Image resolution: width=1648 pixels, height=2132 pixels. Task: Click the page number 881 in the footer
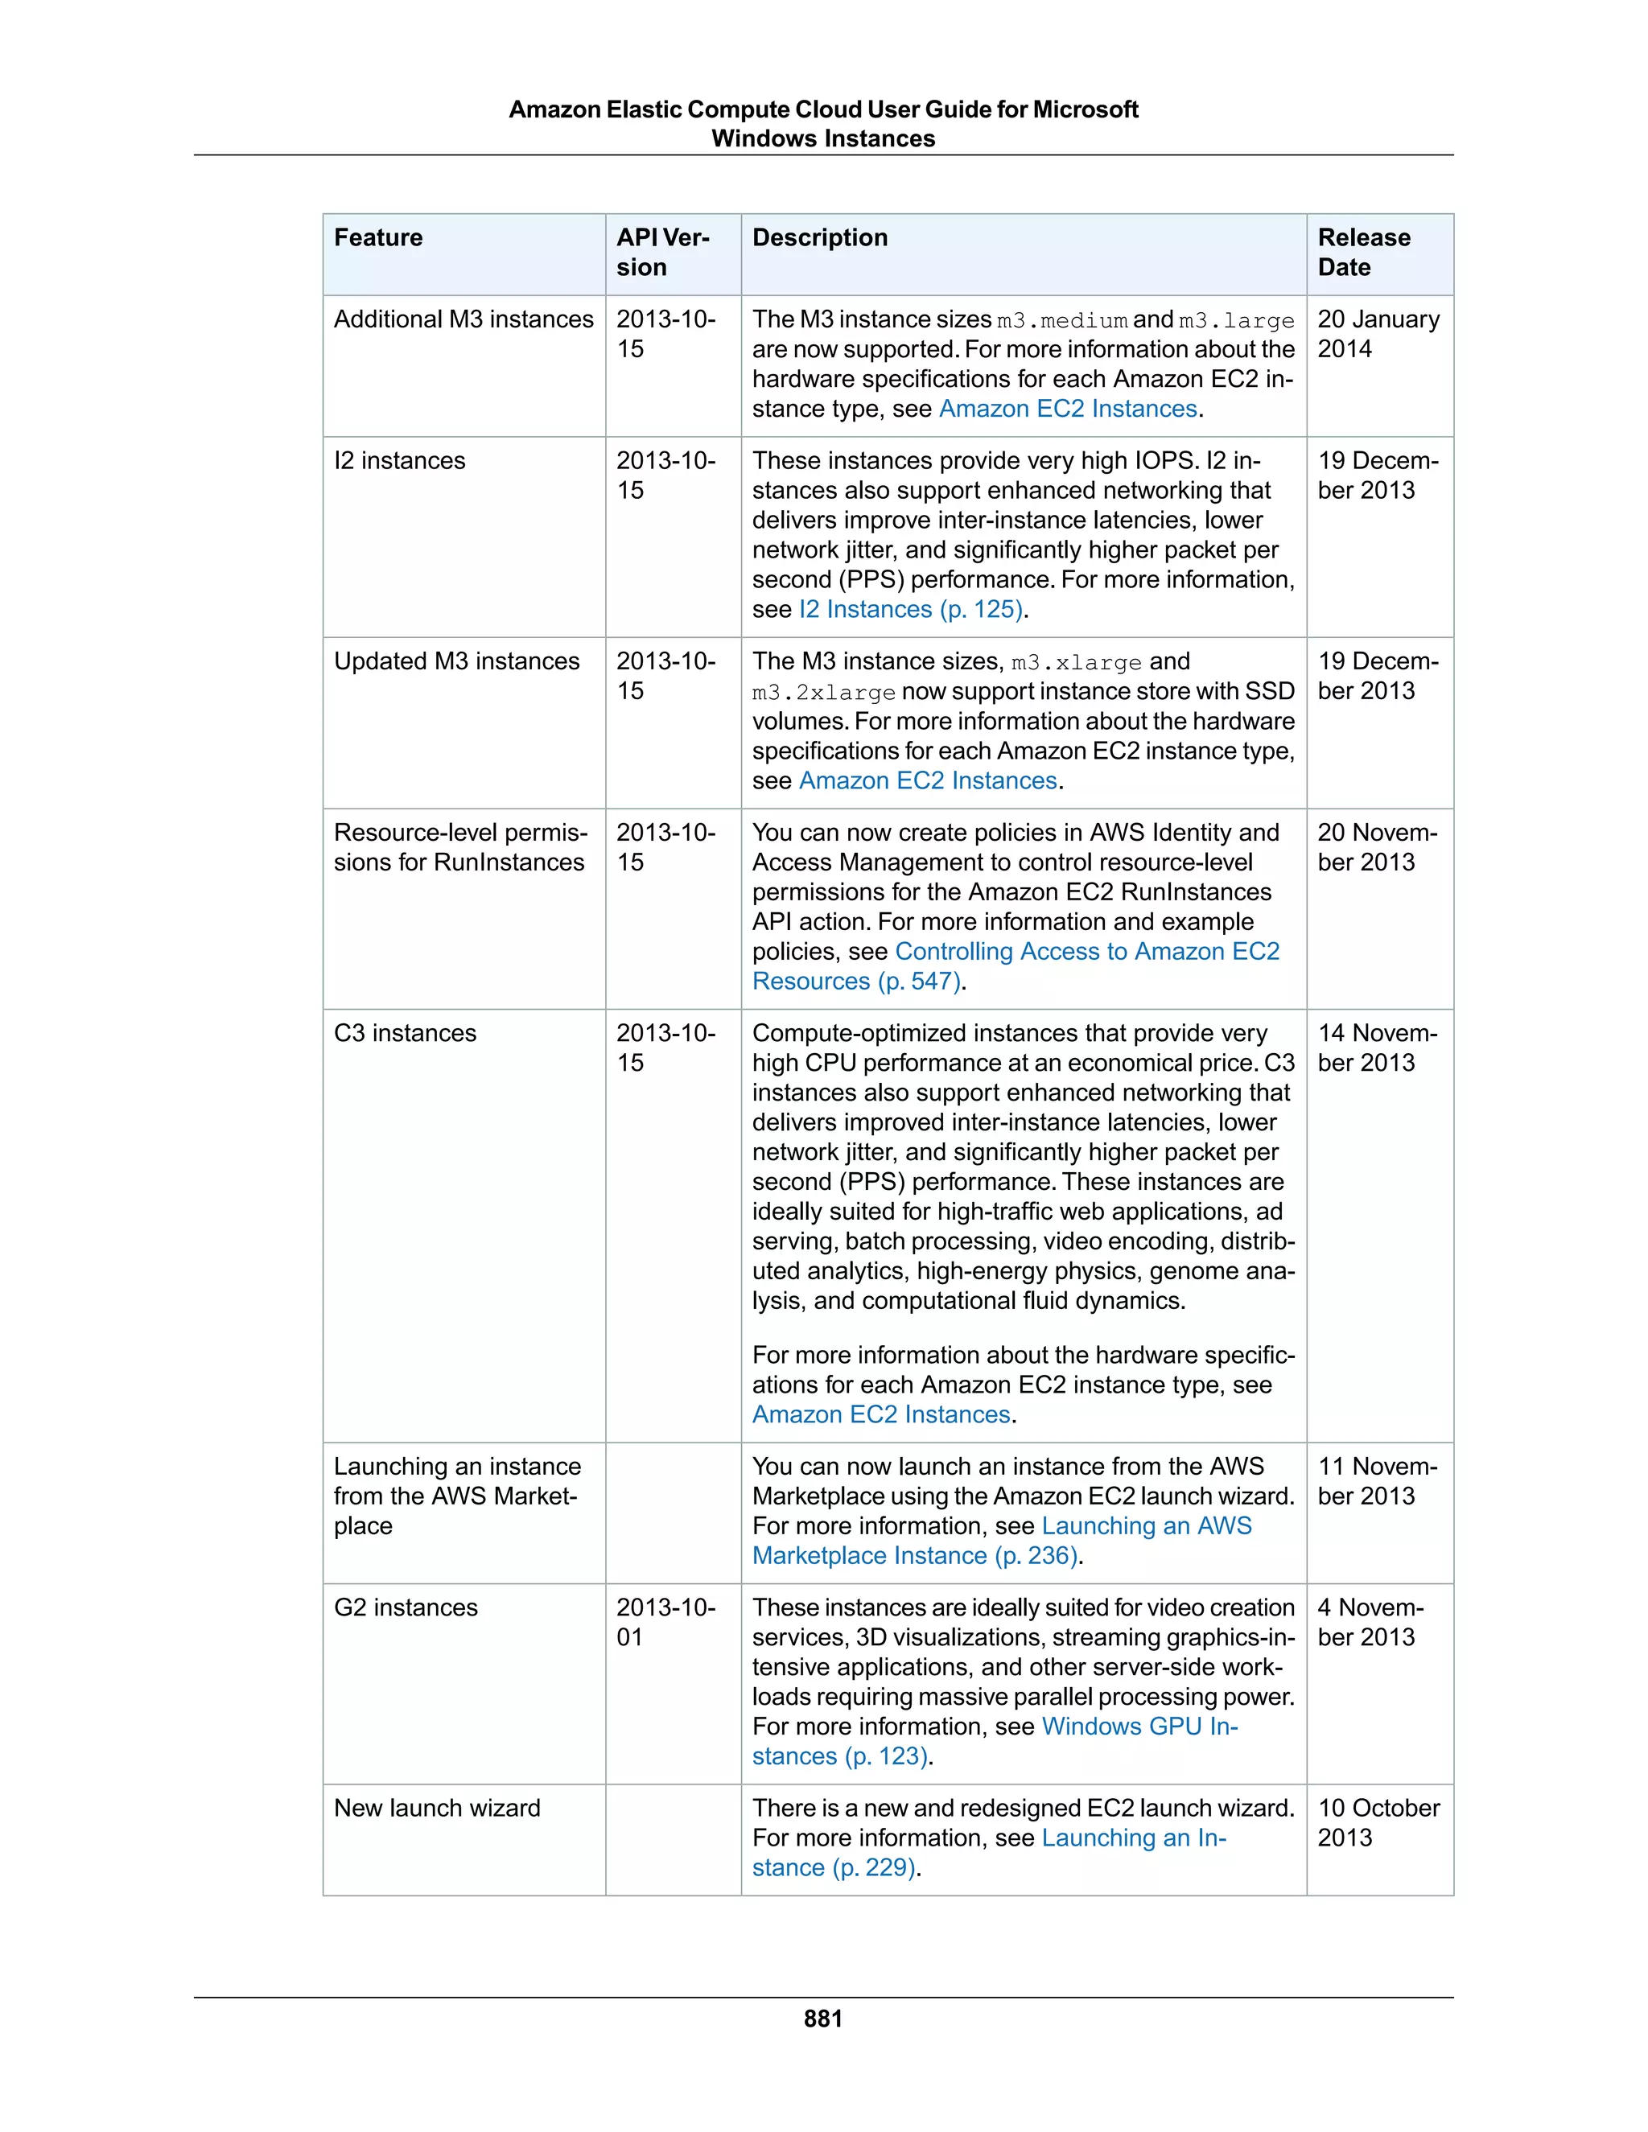tap(823, 2019)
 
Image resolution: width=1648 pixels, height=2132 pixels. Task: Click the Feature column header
tap(379, 238)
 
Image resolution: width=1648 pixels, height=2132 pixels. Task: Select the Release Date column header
tap(1363, 252)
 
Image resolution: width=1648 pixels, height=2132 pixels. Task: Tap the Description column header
tap(820, 238)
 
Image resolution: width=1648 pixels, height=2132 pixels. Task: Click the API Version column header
tap(662, 252)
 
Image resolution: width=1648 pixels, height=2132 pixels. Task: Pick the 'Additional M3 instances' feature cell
tap(463, 320)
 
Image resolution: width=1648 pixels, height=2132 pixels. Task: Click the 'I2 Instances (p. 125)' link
tap(911, 610)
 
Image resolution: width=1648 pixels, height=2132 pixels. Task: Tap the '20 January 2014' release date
tap(1378, 334)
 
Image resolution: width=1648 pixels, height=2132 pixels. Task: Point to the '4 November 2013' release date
tap(1370, 1623)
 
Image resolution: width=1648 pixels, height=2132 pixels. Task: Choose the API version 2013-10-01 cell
tap(665, 1623)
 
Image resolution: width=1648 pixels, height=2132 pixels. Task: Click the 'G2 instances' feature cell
tap(406, 1609)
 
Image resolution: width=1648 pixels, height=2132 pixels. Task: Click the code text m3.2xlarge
tap(824, 693)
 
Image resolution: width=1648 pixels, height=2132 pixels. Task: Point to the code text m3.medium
tap(1062, 321)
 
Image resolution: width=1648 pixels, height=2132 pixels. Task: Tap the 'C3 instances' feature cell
tap(406, 1034)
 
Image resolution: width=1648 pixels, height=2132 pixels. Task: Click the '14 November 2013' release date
tap(1377, 1047)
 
